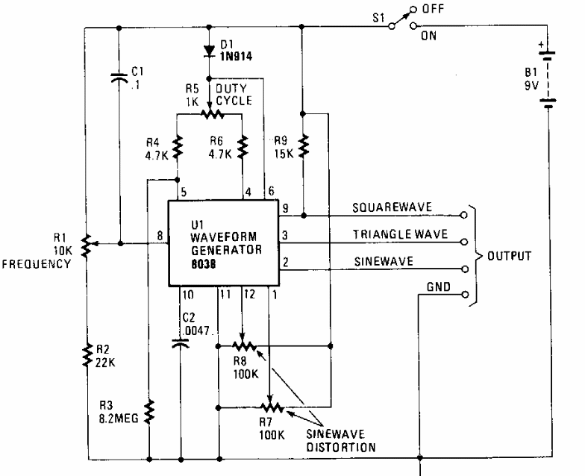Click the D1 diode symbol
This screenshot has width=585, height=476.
tap(209, 51)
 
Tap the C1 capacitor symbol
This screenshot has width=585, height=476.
tap(119, 78)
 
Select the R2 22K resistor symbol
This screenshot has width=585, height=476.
tap(87, 355)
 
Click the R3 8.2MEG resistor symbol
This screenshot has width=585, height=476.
tap(149, 412)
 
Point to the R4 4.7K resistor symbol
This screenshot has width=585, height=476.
tap(178, 147)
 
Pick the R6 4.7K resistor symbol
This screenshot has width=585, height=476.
tap(243, 147)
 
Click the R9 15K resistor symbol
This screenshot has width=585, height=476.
tap(304, 145)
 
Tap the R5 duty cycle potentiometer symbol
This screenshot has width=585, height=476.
tap(212, 113)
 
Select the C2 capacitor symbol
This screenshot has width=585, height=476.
tap(181, 343)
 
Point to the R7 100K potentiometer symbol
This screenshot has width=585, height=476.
tap(272, 407)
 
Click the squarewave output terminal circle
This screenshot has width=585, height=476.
tap(464, 215)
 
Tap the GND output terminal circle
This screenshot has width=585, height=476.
tap(464, 294)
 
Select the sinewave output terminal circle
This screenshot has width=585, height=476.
tap(464, 269)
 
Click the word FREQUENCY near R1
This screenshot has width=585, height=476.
tap(36, 264)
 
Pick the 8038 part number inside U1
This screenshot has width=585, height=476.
tap(203, 264)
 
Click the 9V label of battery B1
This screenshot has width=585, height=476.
tap(531, 85)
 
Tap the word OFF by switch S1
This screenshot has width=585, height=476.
tap(433, 9)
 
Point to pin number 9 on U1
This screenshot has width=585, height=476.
tap(285, 207)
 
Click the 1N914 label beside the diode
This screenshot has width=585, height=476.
tap(236, 57)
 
